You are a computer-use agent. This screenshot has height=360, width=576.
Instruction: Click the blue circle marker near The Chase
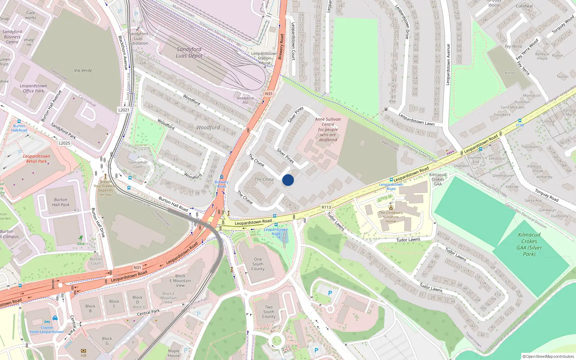[x=288, y=180]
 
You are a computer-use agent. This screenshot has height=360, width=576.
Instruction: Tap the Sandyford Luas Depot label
[x=189, y=53]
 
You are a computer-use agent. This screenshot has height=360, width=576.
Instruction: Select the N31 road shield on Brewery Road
[x=269, y=94]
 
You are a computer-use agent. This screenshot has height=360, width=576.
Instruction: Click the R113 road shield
[x=326, y=207]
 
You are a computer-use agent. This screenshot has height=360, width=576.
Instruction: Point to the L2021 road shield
[x=123, y=110]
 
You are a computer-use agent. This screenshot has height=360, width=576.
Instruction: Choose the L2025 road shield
[x=64, y=143]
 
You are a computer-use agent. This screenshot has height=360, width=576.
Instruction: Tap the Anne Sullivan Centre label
[x=328, y=129]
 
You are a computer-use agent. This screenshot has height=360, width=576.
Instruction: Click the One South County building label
[x=258, y=264]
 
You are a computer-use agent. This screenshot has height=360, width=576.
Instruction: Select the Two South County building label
[x=269, y=312]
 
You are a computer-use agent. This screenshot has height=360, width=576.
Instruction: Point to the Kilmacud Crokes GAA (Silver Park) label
[x=529, y=244]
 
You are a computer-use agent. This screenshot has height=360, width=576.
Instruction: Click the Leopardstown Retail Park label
[x=36, y=159]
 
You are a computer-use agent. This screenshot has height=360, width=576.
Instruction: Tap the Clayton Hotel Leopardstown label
[x=47, y=330]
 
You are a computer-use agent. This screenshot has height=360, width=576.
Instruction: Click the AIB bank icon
[x=84, y=351]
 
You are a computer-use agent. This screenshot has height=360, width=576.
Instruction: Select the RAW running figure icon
[x=81, y=238]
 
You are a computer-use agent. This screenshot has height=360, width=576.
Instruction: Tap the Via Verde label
[x=83, y=71]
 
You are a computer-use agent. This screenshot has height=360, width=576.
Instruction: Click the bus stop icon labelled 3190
[x=519, y=121]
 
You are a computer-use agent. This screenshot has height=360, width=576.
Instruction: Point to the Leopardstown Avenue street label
[x=448, y=65]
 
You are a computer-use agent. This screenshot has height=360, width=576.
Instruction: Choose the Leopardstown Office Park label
[x=33, y=89]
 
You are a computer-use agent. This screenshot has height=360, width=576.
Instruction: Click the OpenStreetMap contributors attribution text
[x=548, y=356]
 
